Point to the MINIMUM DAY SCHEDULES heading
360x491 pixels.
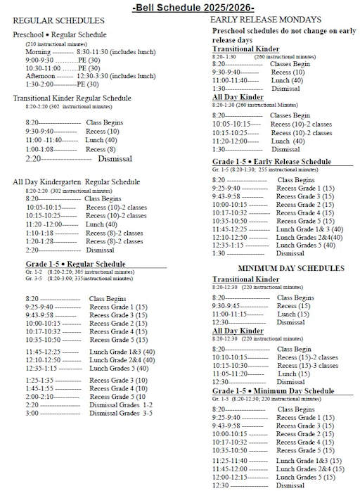tap(281, 268)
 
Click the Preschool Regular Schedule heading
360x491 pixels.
tap(60, 34)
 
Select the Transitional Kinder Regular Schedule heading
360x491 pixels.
tap(72, 98)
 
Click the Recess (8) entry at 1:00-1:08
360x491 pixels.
tap(102, 149)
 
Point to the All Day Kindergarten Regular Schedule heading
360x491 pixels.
tap(77, 181)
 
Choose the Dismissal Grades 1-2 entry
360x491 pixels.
tap(119, 404)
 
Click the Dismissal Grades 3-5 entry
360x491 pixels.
tap(119, 413)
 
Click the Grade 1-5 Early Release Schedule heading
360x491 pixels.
tap(271, 162)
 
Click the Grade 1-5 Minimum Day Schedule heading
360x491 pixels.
tap(273, 390)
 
